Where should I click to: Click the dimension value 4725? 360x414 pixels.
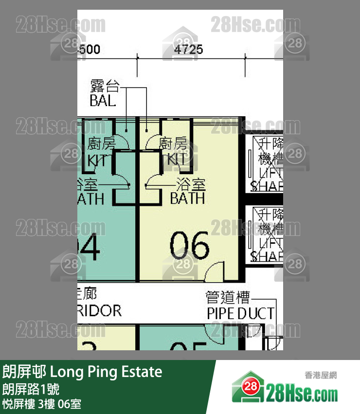click(188, 50)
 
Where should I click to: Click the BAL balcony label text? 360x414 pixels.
click(103, 101)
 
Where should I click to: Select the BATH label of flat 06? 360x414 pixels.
click(187, 198)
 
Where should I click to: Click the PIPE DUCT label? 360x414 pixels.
click(240, 313)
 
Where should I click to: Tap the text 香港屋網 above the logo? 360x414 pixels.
click(321, 375)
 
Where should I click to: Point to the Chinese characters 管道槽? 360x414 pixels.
click(227, 297)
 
